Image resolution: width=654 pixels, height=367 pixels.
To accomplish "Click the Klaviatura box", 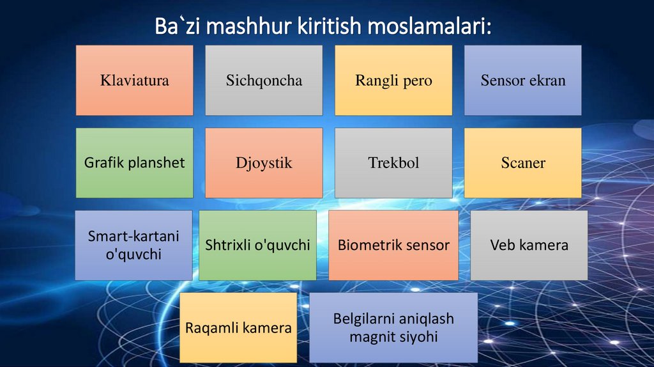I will pyautogui.click(x=134, y=80).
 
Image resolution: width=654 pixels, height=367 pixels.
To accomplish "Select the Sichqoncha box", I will pyautogui.click(x=264, y=80).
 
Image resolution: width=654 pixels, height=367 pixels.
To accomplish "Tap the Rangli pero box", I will pyautogui.click(x=393, y=80).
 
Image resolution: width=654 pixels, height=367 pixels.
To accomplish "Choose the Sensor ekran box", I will pyautogui.click(x=522, y=80).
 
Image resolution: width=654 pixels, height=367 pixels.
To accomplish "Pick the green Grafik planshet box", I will pyautogui.click(x=134, y=162).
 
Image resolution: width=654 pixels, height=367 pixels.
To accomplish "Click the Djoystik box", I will pyautogui.click(x=264, y=162).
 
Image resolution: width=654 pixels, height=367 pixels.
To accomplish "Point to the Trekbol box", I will pyautogui.click(x=393, y=162).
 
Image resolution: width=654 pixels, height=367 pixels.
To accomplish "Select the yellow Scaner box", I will pyautogui.click(x=522, y=162).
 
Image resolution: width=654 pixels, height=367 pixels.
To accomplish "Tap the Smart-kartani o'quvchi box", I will pyautogui.click(x=133, y=245).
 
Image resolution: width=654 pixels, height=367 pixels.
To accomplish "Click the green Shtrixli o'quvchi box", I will pyautogui.click(x=257, y=245).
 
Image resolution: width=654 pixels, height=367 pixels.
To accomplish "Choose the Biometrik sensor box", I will pyautogui.click(x=393, y=245).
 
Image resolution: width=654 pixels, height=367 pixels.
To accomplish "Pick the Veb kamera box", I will pyautogui.click(x=529, y=245).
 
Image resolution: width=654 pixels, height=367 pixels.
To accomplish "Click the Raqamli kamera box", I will pyautogui.click(x=238, y=328).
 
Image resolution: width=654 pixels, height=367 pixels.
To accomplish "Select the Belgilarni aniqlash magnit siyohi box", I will pyautogui.click(x=393, y=327).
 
